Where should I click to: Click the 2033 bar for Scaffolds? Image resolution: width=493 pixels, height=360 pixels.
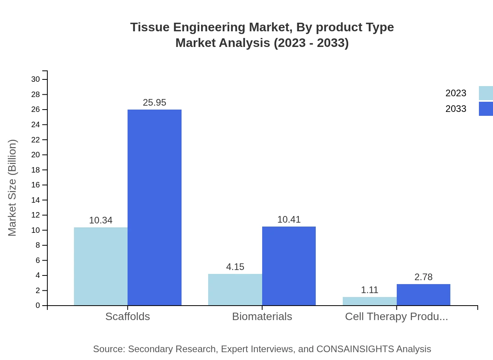[155, 207]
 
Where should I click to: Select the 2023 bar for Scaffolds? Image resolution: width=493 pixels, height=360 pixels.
[101, 266]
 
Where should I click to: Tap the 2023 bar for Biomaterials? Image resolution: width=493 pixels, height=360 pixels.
[235, 290]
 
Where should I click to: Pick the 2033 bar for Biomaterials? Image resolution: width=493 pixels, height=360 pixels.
[289, 266]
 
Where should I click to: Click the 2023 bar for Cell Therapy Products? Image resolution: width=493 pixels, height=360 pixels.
[369, 301]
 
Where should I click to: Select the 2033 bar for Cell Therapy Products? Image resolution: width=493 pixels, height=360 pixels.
[423, 295]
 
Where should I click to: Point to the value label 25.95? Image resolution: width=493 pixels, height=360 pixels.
[155, 103]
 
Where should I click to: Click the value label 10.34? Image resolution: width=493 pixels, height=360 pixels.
[101, 220]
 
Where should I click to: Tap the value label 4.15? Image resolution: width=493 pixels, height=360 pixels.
[235, 267]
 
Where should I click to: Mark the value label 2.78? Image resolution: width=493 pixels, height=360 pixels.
[423, 277]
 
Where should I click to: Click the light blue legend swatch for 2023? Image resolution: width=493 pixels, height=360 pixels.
[486, 93]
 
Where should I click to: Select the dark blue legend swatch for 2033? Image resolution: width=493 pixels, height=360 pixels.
[486, 109]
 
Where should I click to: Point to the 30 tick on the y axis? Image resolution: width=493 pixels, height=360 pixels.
[36, 79]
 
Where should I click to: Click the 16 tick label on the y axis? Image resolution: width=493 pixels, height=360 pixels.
[36, 185]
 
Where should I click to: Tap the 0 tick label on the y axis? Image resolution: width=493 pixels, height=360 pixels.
[38, 306]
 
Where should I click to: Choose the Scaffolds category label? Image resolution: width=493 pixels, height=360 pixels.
[128, 317]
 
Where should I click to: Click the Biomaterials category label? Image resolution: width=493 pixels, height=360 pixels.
[262, 317]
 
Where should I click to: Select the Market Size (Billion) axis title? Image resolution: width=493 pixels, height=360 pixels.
[12, 188]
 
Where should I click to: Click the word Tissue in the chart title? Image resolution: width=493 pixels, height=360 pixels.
[150, 27]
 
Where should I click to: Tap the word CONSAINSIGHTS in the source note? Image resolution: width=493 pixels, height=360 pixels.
[354, 349]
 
